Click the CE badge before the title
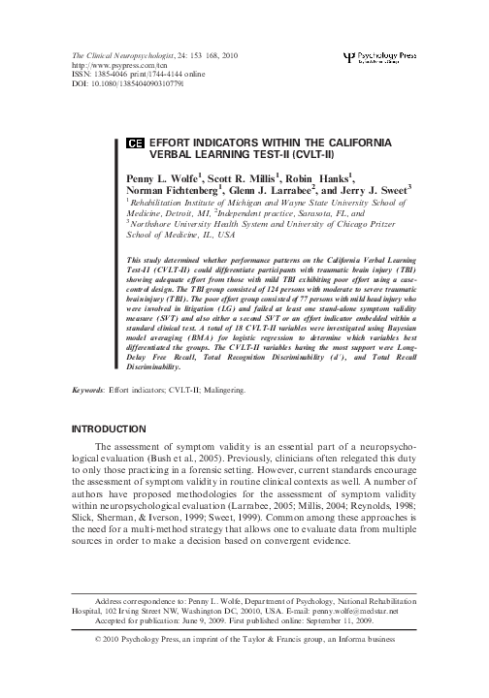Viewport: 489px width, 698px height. click(136, 143)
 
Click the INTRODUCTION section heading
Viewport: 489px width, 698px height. click(114, 455)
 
